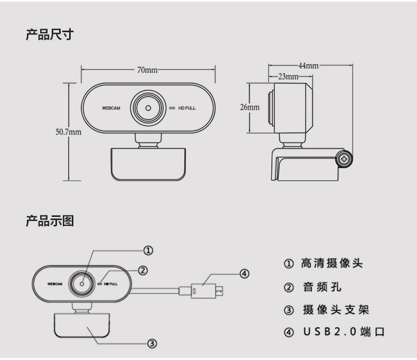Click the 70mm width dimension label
147,70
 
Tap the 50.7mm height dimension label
69,131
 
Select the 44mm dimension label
308,65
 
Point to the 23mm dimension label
288,77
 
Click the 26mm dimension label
250,107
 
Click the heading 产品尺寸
50,36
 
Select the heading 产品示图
50,221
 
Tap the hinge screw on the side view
345,158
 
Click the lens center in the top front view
148,108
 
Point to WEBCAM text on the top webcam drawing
111,108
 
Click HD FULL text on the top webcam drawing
186,108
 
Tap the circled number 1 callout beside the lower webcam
149,250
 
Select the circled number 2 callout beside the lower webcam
142,270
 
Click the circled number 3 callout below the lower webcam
152,344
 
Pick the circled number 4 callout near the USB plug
244,273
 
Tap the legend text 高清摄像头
331,263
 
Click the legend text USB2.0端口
344,332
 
